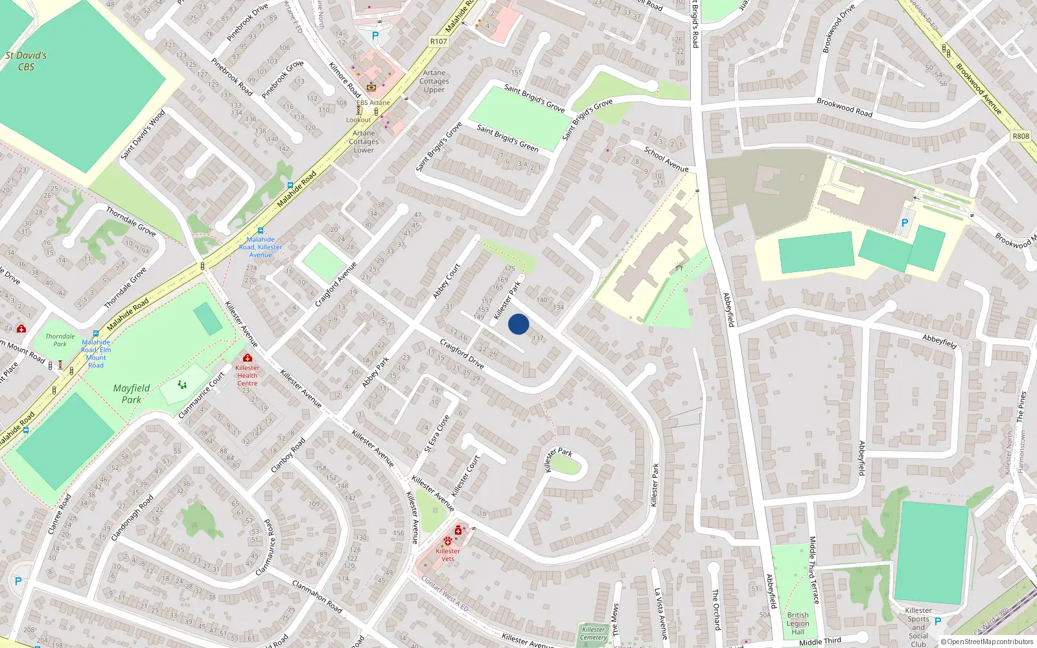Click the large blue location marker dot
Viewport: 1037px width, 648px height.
518,324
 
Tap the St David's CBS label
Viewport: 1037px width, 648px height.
26,61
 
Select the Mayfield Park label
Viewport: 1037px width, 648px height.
132,393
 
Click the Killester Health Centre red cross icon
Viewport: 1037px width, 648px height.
247,358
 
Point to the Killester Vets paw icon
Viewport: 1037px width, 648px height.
448,540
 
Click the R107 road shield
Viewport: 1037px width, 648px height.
439,41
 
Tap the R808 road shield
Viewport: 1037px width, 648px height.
1021,136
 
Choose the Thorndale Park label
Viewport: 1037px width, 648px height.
60,340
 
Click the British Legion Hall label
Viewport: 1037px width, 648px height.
798,623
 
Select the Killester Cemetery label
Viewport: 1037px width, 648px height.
593,633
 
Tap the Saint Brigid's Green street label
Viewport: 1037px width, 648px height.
507,138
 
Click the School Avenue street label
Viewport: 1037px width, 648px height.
666,159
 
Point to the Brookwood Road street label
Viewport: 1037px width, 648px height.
845,107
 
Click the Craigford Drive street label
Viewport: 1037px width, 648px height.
461,353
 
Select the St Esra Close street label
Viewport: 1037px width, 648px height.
437,434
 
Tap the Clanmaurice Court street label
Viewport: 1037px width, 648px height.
202,395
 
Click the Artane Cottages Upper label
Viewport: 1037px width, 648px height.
434,82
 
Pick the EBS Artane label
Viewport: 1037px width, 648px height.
373,102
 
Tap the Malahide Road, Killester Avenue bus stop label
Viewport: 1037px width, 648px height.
261,247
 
